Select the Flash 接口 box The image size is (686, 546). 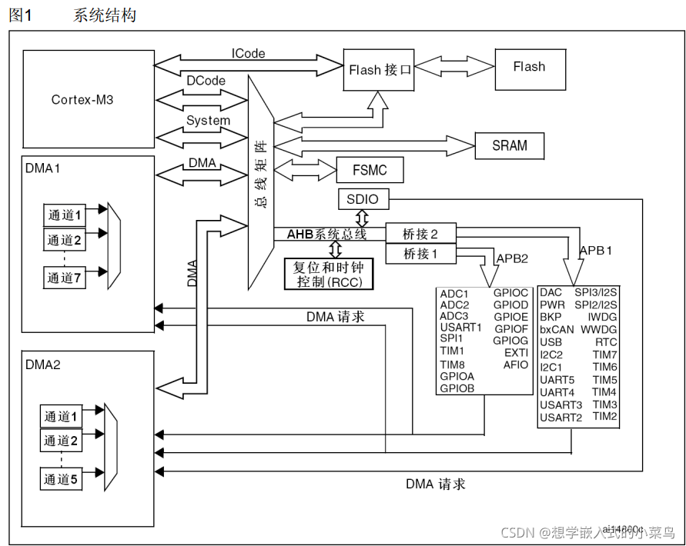coord(380,69)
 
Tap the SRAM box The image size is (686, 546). coord(509,145)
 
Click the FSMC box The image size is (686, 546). coord(370,169)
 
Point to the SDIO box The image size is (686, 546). coord(363,199)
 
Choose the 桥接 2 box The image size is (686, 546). coord(420,233)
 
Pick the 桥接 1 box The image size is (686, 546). coord(420,253)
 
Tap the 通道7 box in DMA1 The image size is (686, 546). coord(63,278)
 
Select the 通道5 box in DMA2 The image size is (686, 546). coord(61,479)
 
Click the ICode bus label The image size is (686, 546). coord(248,54)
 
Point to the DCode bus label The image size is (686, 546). coord(206,80)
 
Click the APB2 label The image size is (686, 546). coord(512,258)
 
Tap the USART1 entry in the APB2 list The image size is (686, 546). coord(460,327)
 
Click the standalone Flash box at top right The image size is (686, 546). coord(529,67)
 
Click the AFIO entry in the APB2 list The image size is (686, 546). coord(516,365)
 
